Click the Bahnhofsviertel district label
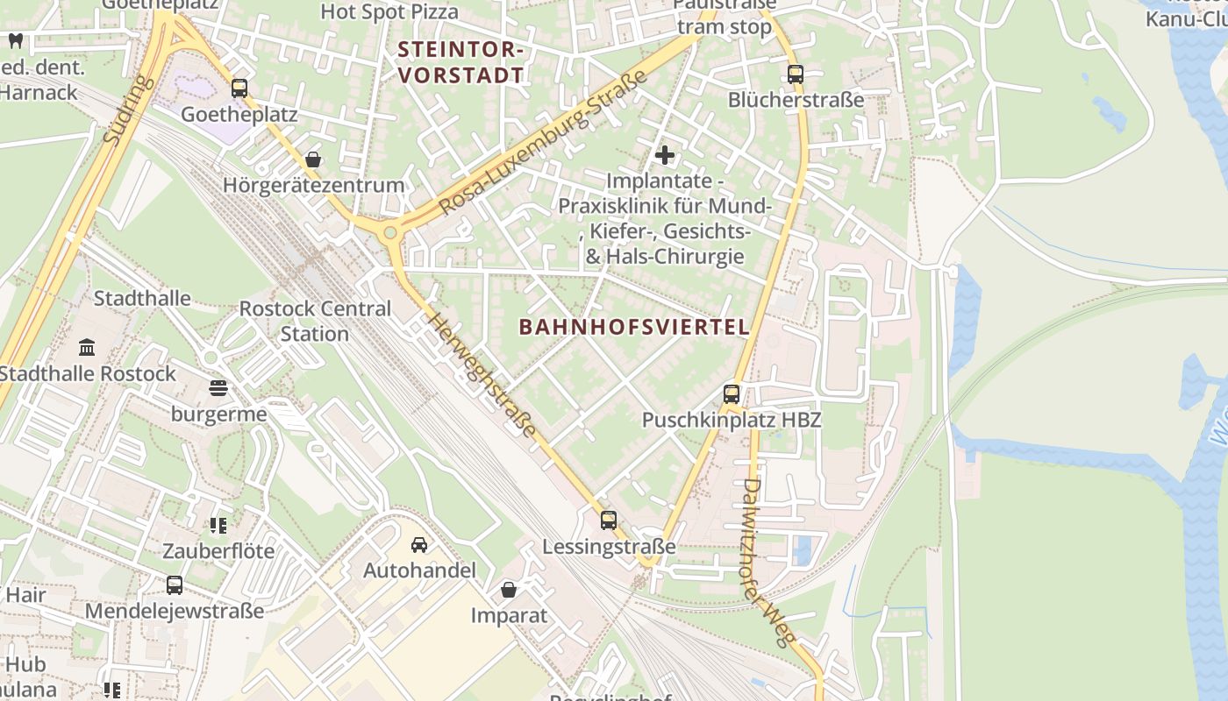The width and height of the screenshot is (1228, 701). tap(634, 327)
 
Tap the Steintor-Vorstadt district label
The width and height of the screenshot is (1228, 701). tap(461, 62)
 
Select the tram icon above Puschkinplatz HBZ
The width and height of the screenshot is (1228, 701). tap(732, 394)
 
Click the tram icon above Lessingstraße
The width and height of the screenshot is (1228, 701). tap(609, 520)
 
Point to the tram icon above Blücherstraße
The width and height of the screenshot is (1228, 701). tap(796, 74)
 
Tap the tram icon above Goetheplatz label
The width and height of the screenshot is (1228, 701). tap(239, 89)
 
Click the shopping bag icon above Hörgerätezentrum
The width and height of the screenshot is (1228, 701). tap(313, 159)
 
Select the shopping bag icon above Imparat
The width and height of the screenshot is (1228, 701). tap(509, 590)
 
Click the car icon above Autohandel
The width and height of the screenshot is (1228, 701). tap(419, 545)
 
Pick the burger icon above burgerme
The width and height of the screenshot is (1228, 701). tap(218, 388)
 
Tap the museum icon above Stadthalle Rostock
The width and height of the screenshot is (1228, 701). tap(87, 348)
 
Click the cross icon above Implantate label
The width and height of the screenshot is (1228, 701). tap(665, 156)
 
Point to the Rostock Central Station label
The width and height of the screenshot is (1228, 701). tap(315, 321)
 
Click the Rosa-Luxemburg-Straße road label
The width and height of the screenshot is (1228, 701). tap(543, 142)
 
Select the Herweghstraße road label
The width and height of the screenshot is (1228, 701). tap(482, 374)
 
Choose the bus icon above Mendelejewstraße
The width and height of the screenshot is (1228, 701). tap(175, 585)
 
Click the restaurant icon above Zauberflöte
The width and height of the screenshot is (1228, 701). tap(218, 526)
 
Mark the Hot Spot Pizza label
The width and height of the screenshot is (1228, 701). tap(389, 11)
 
